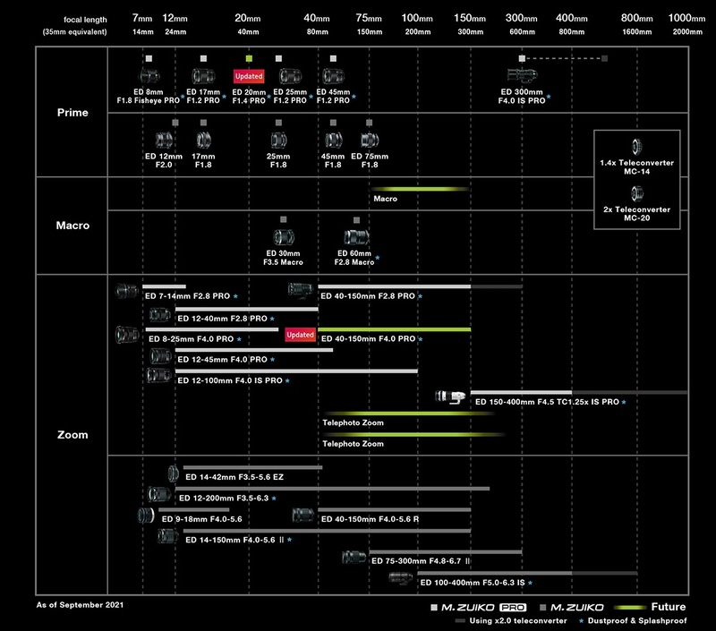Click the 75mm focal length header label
pos(369,18)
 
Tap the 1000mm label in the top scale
pos(686,18)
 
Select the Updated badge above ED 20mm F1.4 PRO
pos(249,76)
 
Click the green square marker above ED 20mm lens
pos(249,58)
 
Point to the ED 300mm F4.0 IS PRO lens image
pos(522,75)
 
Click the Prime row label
pos(72,112)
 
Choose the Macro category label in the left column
pos(72,225)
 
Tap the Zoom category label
pos(72,435)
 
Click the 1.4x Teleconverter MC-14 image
pos(636,147)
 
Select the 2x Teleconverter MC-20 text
pos(636,214)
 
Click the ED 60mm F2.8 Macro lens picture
pos(356,237)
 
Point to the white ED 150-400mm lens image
pos(450,397)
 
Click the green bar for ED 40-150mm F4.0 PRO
pos(394,329)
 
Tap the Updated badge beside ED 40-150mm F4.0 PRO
pos(300,335)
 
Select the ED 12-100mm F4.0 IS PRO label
pos(230,380)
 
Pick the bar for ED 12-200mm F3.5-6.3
pos(332,489)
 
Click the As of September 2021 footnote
pos(80,604)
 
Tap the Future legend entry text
pos(668,607)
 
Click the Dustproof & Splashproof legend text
pos(637,620)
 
